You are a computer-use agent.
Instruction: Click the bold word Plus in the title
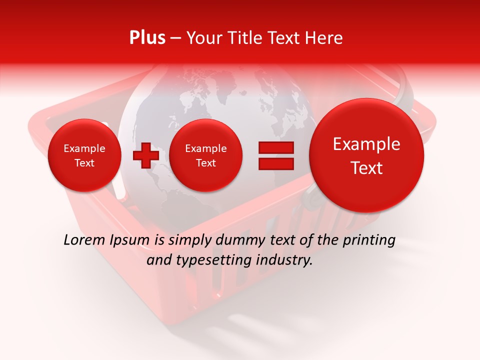coord(147,38)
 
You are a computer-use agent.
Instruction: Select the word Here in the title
coord(325,38)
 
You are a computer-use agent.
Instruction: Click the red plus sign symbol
coord(145,155)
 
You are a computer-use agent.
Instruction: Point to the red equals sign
coord(276,155)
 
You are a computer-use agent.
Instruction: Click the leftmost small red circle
coord(84,155)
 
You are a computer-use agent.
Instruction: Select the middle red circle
coord(205,155)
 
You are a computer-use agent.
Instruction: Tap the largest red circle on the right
coord(366,155)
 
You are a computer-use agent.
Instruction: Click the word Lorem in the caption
coord(85,240)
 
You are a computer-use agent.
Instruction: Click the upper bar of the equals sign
coord(276,147)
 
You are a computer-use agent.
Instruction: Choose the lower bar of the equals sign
coord(276,163)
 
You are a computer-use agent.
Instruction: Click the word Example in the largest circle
coord(366,144)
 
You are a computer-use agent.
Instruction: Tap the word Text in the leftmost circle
coord(84,163)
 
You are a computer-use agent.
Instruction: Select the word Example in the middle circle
coord(205,148)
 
